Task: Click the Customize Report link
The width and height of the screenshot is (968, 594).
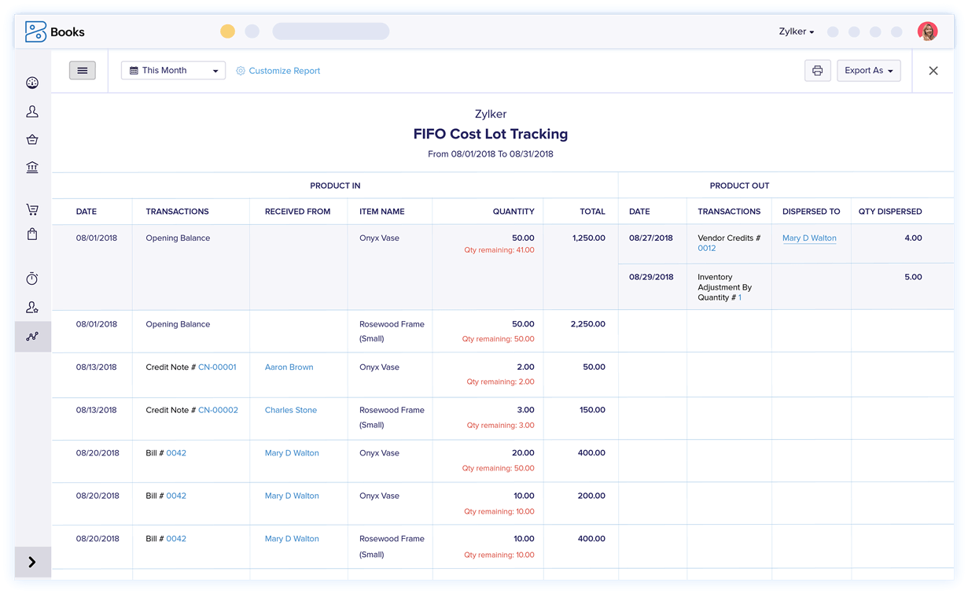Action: [x=284, y=71]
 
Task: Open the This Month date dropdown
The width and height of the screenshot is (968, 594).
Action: [x=173, y=71]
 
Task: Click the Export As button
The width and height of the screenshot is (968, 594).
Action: [x=868, y=71]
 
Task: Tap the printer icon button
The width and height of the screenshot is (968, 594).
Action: [x=817, y=71]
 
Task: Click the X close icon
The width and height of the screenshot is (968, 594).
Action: [x=933, y=71]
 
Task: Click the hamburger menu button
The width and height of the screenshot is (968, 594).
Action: [x=83, y=71]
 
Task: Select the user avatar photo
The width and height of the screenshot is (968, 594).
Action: [x=927, y=31]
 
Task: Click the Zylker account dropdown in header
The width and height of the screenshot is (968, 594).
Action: [x=797, y=31]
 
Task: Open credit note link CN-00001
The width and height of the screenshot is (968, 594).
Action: [x=217, y=367]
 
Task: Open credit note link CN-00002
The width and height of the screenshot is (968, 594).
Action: [x=218, y=410]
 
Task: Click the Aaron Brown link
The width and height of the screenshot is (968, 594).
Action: [x=289, y=367]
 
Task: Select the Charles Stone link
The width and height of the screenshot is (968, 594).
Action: [x=290, y=410]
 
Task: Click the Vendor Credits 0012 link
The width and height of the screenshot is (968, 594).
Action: [x=707, y=248]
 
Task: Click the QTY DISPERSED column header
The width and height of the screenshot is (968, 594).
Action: [x=889, y=212]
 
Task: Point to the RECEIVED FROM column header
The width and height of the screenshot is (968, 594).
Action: [x=297, y=212]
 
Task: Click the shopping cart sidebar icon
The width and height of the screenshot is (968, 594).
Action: [x=32, y=209]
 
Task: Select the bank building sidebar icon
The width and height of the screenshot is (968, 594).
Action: [x=32, y=168]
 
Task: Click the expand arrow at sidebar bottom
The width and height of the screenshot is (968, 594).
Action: [x=32, y=562]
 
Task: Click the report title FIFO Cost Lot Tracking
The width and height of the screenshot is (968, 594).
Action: [x=490, y=135]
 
